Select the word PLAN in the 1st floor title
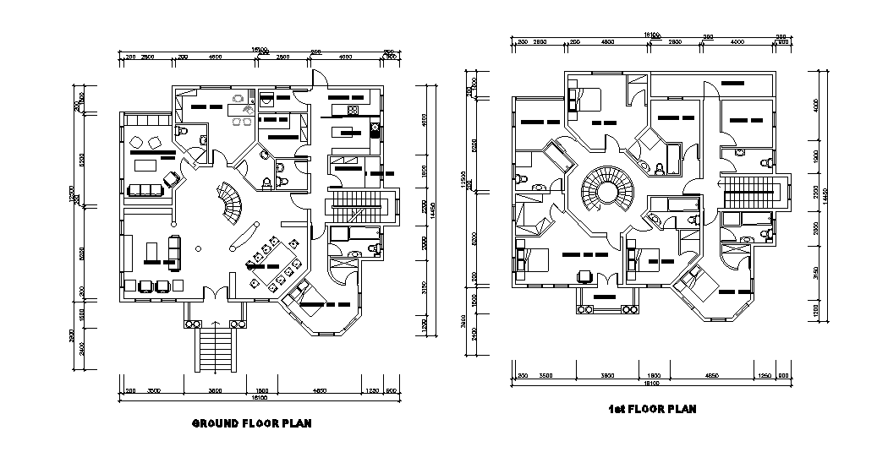tap(682, 410)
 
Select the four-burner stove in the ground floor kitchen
tap(375, 131)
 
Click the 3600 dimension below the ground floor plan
tap(215, 391)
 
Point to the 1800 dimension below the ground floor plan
tap(262, 391)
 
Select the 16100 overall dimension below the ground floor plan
tap(253, 397)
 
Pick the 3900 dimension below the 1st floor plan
tap(606, 374)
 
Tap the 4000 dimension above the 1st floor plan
tap(737, 41)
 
